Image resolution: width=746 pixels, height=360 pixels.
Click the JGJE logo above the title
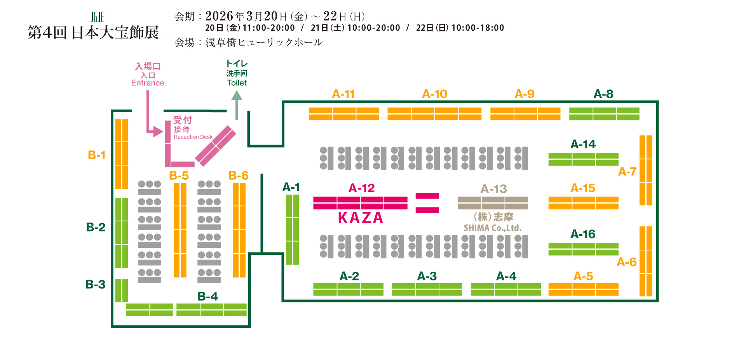pos(98,17)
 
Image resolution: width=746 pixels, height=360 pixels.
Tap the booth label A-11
pos(343,94)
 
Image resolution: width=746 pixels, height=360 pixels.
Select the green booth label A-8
pos(603,94)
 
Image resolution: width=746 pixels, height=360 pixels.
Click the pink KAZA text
pos(361,218)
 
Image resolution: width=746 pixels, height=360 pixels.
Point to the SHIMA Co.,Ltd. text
pos(493,228)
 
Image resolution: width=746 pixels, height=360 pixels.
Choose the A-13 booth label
pos(493,189)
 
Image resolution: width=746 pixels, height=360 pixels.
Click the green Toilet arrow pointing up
pos(237,105)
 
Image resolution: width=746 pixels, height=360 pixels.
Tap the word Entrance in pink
pos(148,83)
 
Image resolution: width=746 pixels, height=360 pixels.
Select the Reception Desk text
pos(193,137)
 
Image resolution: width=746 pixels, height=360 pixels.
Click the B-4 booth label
pos(207,296)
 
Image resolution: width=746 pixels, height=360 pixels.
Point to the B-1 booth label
pos(97,155)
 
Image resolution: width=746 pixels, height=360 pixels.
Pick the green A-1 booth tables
pos(292,230)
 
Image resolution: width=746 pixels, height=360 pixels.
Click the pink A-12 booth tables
pos(360,203)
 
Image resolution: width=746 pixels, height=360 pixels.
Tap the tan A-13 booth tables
pos(493,203)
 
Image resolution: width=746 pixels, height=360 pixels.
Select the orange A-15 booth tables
pos(583,203)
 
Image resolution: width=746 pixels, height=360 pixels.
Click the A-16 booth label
pos(583,234)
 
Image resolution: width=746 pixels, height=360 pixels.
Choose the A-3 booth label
pos(427,276)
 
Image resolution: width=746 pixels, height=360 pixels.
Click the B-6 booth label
pos(239,176)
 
